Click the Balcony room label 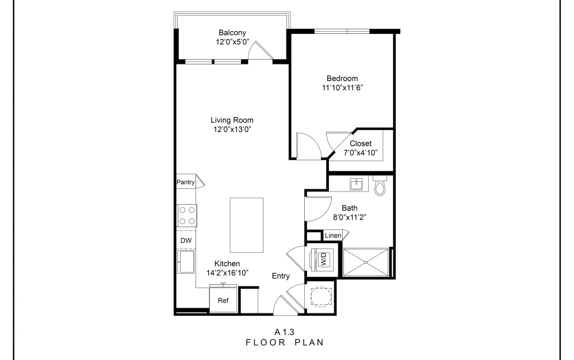click(x=232, y=32)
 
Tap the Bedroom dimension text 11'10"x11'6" click(x=342, y=88)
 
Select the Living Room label click(x=232, y=120)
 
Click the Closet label click(x=361, y=143)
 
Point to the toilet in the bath click(x=380, y=186)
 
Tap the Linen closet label click(x=332, y=236)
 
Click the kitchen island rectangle click(x=247, y=224)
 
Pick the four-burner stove click(x=186, y=216)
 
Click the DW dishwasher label click(x=186, y=240)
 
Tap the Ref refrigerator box click(x=223, y=300)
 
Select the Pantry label click(x=185, y=182)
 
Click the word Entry click(x=281, y=276)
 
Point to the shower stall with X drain click(x=365, y=262)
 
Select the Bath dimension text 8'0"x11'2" click(x=350, y=217)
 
